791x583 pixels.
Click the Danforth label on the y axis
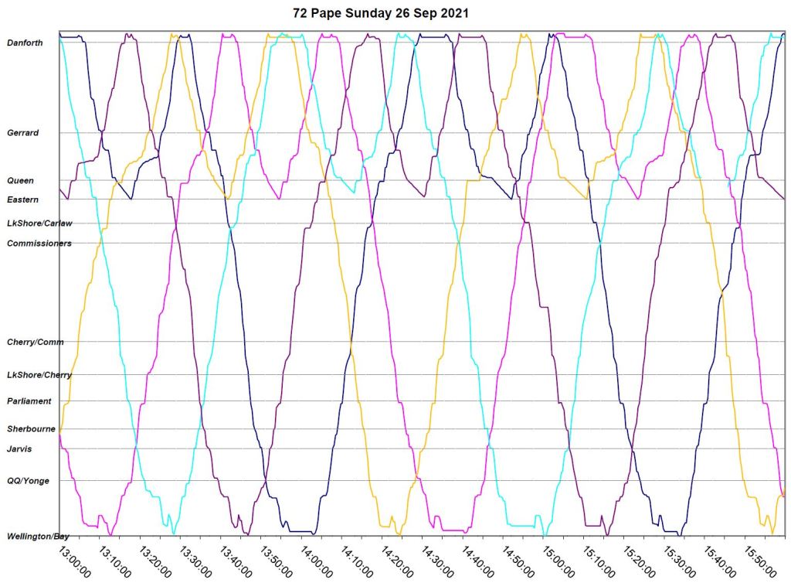(25, 43)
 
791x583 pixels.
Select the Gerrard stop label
(23, 133)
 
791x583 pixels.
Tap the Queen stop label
(20, 180)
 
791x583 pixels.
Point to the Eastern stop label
(22, 199)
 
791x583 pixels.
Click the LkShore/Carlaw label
(39, 223)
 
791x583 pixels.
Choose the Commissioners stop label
(39, 243)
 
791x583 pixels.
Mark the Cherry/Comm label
(35, 342)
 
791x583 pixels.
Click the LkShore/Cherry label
(39, 375)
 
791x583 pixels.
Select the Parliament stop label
(29, 401)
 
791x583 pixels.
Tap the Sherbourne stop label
(30, 428)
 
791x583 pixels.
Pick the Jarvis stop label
(19, 448)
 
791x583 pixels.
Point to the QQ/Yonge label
(28, 481)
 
